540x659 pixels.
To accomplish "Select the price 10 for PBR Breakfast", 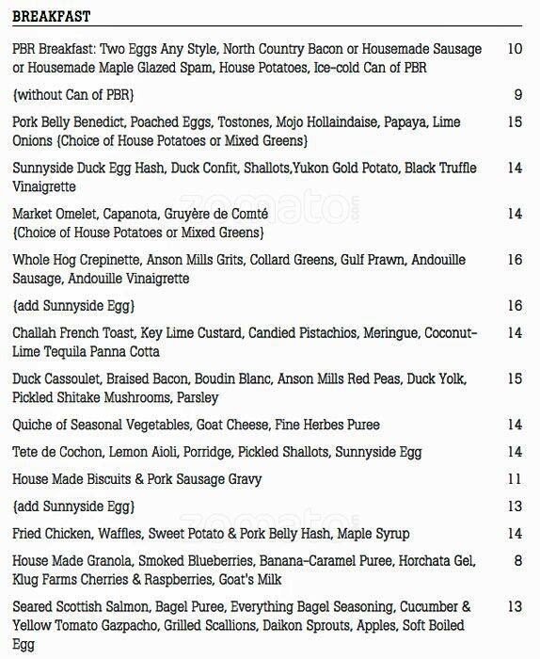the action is click(514, 49).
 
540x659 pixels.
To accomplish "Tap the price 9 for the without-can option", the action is click(517, 94).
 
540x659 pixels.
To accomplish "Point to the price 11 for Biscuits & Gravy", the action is click(514, 479).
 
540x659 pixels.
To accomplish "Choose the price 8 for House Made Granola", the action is click(517, 561).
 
